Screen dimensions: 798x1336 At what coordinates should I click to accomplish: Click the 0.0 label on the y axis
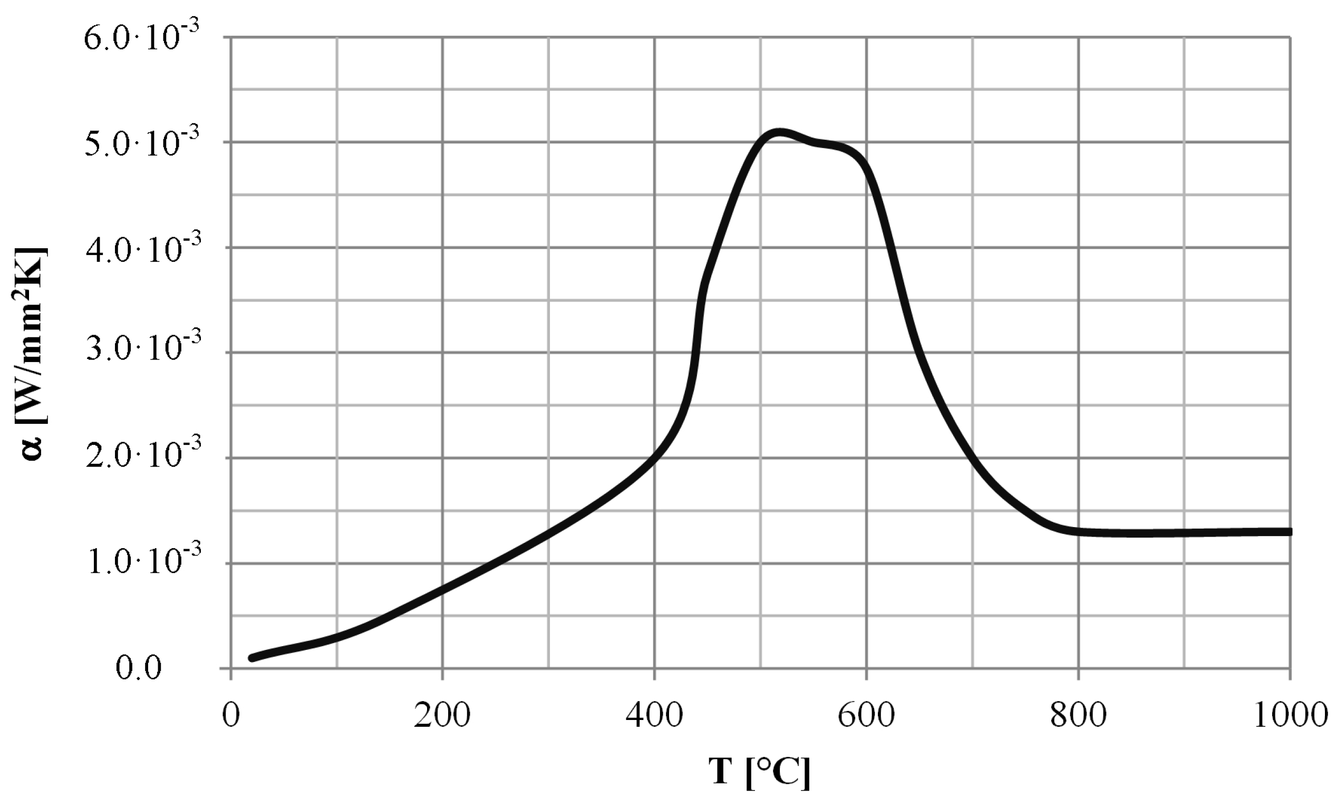(138, 668)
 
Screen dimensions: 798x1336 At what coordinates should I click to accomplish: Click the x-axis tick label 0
(231, 716)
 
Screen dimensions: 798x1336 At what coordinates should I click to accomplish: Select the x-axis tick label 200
(442, 716)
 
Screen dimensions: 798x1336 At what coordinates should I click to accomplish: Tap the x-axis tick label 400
(654, 716)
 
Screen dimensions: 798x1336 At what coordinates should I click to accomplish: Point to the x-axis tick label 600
(866, 716)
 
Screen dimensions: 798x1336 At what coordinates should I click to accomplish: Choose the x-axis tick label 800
(1078, 716)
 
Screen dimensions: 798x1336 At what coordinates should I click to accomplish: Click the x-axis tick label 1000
(1290, 716)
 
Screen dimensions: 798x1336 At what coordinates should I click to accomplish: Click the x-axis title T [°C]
(759, 771)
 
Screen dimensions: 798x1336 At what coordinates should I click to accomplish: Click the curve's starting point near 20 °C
(251, 658)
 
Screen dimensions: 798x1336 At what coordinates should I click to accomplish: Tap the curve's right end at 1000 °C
(1290, 532)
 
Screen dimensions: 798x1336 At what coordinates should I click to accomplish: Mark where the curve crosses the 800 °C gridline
(1078, 532)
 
